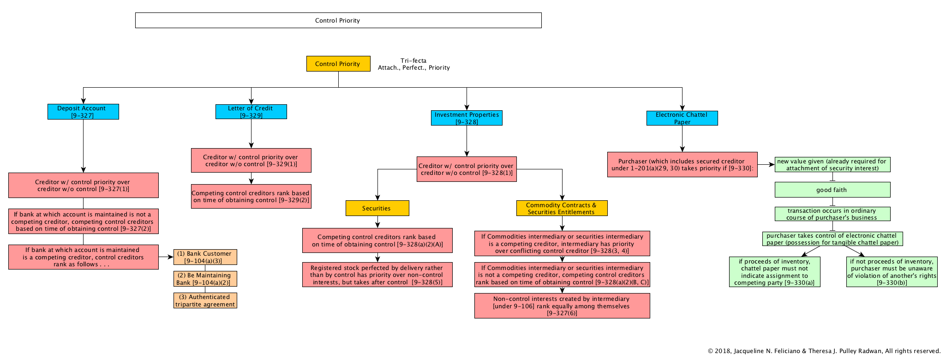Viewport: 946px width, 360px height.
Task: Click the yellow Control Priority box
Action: pyautogui.click(x=338, y=64)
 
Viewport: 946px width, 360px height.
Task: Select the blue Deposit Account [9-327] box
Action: pyautogui.click(x=83, y=112)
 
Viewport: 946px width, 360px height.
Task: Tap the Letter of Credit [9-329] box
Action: pyautogui.click(x=251, y=112)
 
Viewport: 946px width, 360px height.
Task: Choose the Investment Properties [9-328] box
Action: pyautogui.click(x=467, y=118)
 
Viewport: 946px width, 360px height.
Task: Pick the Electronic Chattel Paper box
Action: pyautogui.click(x=682, y=118)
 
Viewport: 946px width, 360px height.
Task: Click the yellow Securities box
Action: pyautogui.click(x=377, y=208)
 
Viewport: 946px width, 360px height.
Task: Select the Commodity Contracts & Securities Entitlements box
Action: pyautogui.click(x=562, y=208)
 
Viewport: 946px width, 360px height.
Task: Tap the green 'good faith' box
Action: pyautogui.click(x=832, y=190)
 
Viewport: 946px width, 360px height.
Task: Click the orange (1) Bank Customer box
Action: pyautogui.click(x=205, y=257)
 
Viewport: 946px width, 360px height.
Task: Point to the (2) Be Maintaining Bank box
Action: pyautogui.click(x=205, y=279)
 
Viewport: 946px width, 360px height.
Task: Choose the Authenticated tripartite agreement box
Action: pyautogui.click(x=205, y=300)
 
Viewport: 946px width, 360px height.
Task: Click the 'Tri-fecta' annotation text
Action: pyautogui.click(x=413, y=60)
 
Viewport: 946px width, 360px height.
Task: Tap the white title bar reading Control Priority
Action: pyautogui.click(x=338, y=20)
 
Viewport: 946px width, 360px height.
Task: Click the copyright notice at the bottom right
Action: pyautogui.click(x=824, y=351)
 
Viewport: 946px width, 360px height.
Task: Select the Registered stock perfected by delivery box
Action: pyautogui.click(x=377, y=275)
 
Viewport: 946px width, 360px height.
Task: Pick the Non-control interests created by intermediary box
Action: pyautogui.click(x=562, y=306)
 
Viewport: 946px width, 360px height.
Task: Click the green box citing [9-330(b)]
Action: pyautogui.click(x=892, y=272)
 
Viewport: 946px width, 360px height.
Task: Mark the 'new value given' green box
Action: pyautogui.click(x=832, y=165)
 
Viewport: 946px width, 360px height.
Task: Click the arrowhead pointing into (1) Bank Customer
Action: pyautogui.click(x=171, y=257)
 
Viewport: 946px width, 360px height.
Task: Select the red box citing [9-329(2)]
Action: pyautogui.click(x=251, y=196)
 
